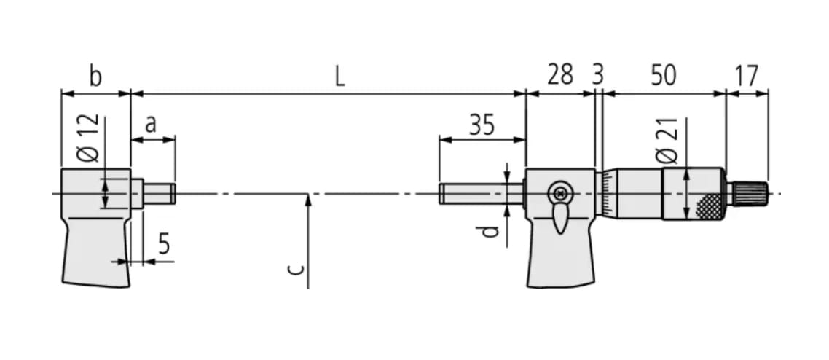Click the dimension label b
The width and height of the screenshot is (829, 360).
click(95, 76)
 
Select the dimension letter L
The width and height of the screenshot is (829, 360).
click(339, 76)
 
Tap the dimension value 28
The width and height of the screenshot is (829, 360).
click(559, 74)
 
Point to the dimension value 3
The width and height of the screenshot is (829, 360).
click(597, 74)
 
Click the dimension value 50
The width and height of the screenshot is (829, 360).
click(663, 74)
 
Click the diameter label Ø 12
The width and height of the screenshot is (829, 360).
click(88, 139)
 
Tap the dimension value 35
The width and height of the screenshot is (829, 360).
click(481, 125)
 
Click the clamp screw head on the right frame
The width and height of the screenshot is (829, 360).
click(559, 194)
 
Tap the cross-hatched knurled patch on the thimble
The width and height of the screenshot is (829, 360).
click(709, 207)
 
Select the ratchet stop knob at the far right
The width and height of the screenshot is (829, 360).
click(749, 193)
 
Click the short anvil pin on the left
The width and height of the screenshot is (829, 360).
click(159, 194)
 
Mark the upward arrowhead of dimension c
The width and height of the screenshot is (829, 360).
click(309, 199)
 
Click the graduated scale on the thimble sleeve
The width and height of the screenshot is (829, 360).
click(608, 194)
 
